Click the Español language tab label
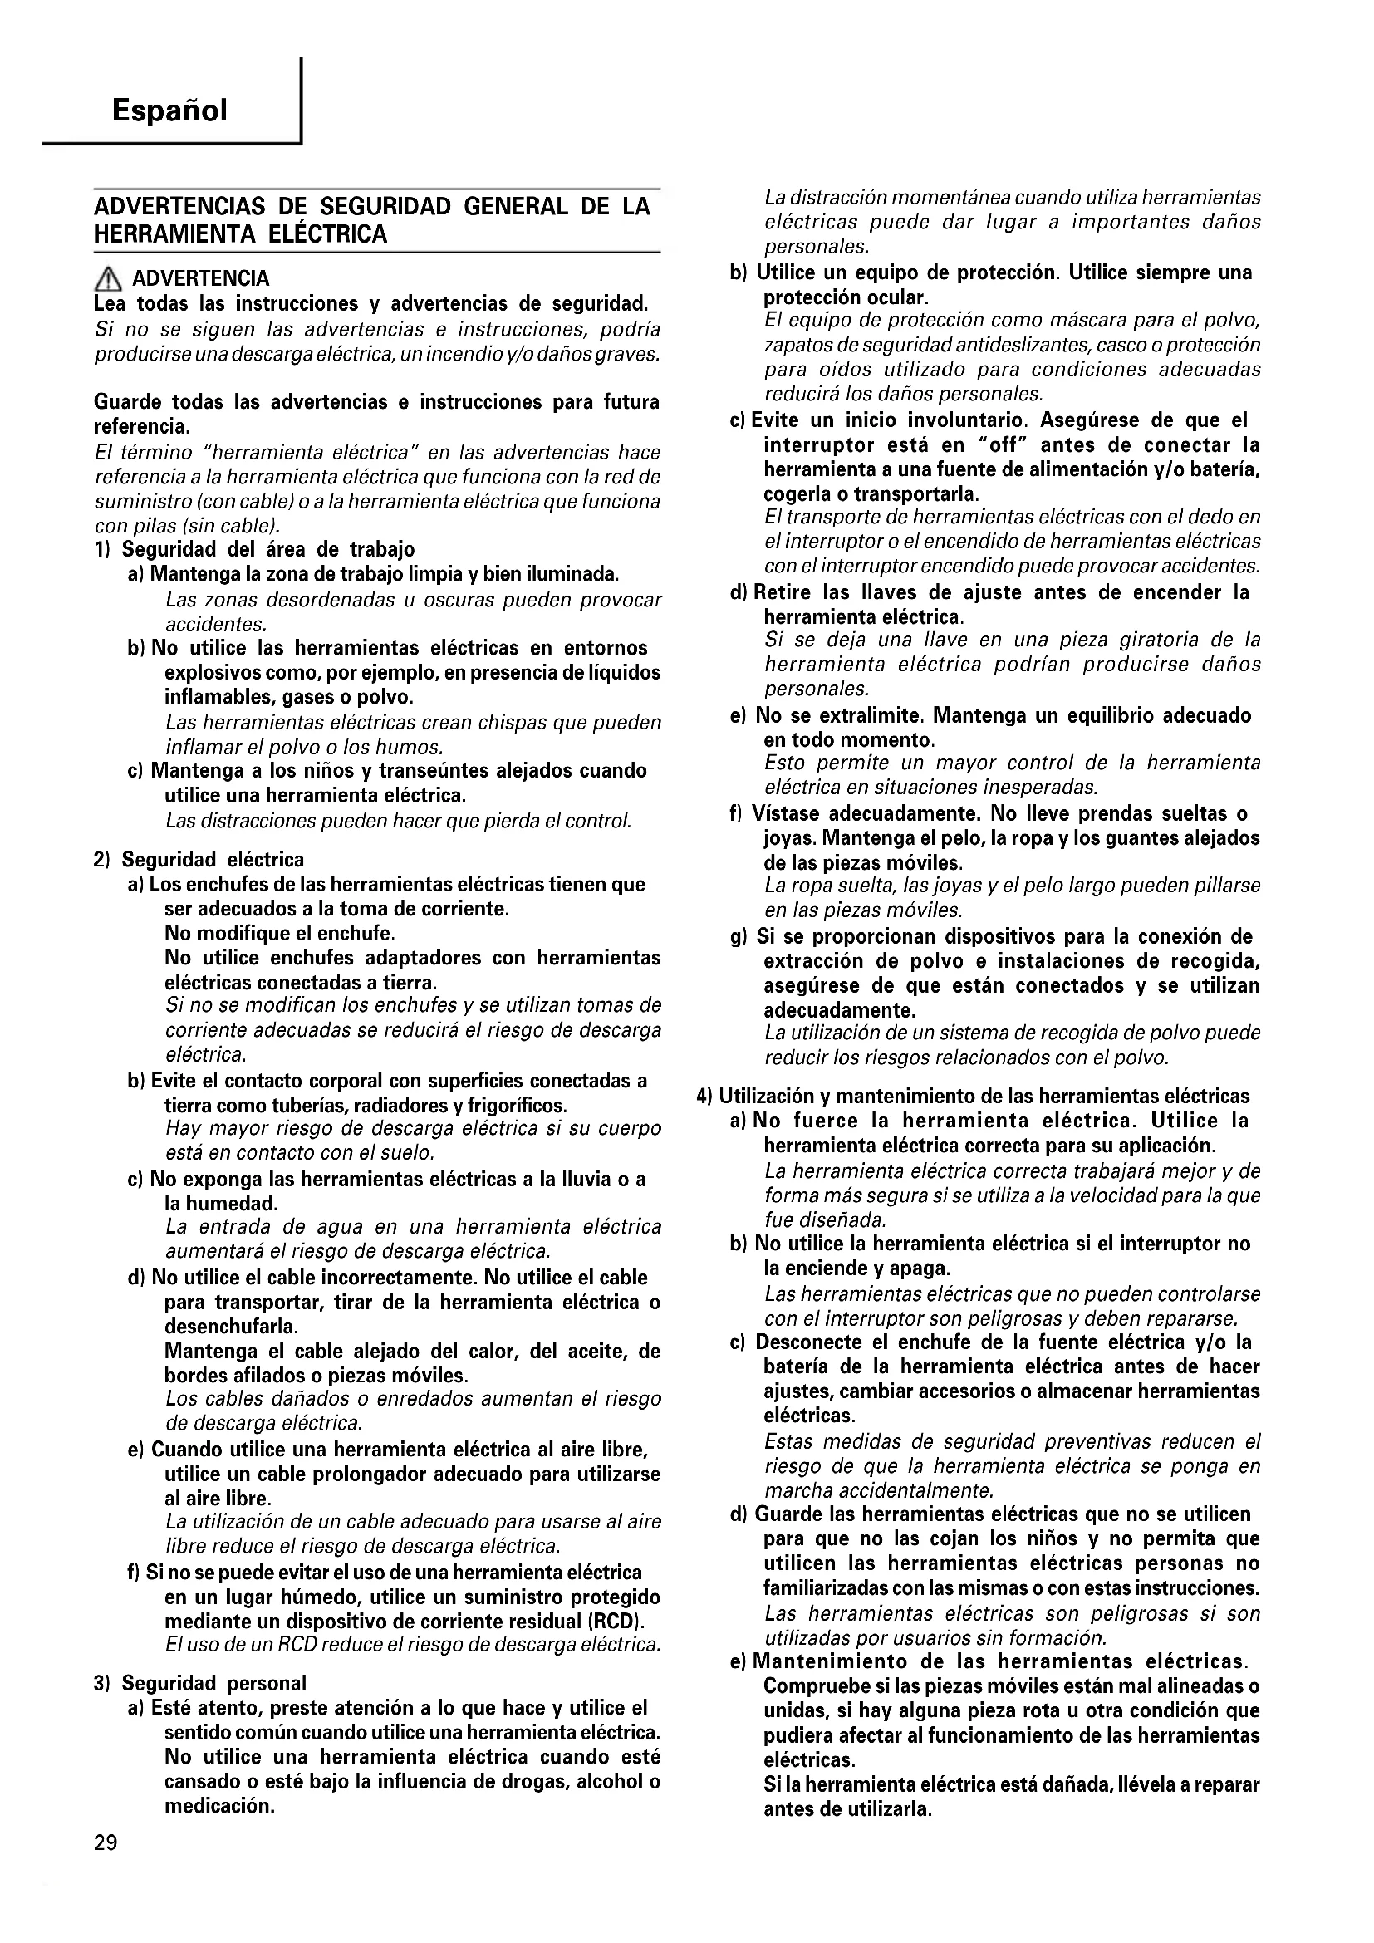pyautogui.click(x=169, y=110)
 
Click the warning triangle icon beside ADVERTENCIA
pyautogui.click(x=108, y=277)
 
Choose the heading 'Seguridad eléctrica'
pyautogui.click(x=213, y=860)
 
